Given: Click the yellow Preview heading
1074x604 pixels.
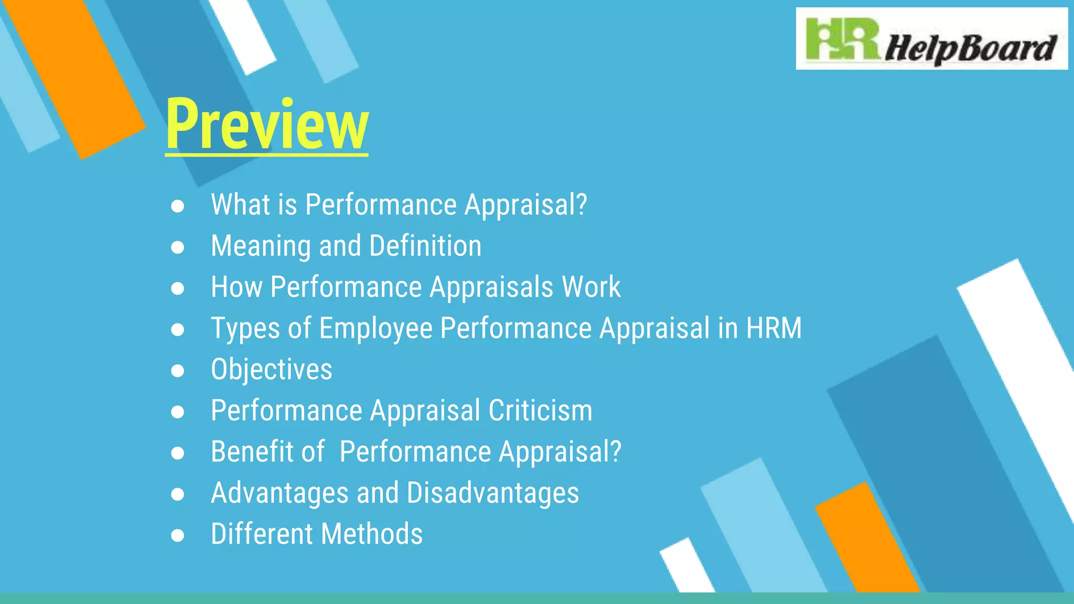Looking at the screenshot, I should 267,125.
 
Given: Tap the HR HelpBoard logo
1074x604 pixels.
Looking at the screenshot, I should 931,39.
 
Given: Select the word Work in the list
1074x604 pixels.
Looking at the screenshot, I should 591,287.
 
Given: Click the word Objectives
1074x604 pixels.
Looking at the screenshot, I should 272,369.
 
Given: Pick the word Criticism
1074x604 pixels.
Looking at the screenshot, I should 540,410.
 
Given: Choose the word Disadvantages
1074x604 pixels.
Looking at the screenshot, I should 493,493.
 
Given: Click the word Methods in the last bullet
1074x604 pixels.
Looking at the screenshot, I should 372,534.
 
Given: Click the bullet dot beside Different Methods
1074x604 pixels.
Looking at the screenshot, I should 178,535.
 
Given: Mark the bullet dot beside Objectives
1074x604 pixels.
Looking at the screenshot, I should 178,371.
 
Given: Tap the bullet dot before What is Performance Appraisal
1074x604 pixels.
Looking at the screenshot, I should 178,206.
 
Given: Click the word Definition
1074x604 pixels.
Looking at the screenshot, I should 425,246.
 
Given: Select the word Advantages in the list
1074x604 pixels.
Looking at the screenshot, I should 280,493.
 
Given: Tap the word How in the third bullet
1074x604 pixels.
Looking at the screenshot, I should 237,287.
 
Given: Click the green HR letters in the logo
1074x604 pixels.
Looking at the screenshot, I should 842,39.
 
